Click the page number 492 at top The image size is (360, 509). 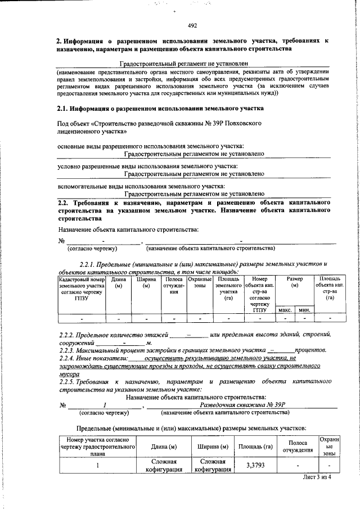(x=192, y=25)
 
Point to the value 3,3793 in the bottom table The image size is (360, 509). (x=256, y=466)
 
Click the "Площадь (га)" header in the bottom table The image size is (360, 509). (x=256, y=447)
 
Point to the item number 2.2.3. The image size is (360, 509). (x=69, y=350)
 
